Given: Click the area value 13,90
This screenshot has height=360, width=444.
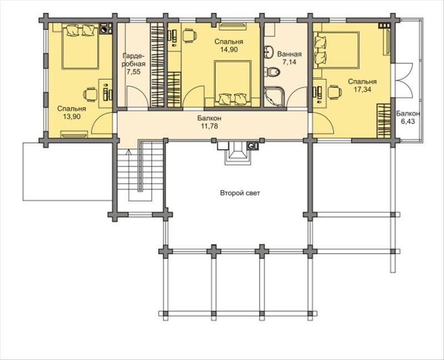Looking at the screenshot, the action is coord(72,116).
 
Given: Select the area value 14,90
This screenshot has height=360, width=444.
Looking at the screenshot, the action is coord(229,49).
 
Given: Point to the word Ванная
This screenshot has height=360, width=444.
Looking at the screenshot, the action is coord(289,54).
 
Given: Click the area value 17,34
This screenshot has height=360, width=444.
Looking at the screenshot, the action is coord(362,89).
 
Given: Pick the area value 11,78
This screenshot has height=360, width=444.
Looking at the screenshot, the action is coord(210,126).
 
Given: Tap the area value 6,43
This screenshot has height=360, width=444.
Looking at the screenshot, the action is coord(408,121).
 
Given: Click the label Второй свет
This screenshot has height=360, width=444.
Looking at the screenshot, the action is coord(240,193).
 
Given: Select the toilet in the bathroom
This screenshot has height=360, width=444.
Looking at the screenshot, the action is coord(273,72).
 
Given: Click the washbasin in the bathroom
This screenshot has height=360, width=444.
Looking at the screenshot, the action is coord(269,52).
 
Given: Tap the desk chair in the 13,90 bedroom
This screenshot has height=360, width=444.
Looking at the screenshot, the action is coord(90,94).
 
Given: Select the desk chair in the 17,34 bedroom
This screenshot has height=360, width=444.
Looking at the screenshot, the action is coord(335,92).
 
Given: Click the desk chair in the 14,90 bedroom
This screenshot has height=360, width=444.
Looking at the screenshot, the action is coord(189,36).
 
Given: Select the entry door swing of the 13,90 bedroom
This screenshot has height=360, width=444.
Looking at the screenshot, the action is coord(103,123).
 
